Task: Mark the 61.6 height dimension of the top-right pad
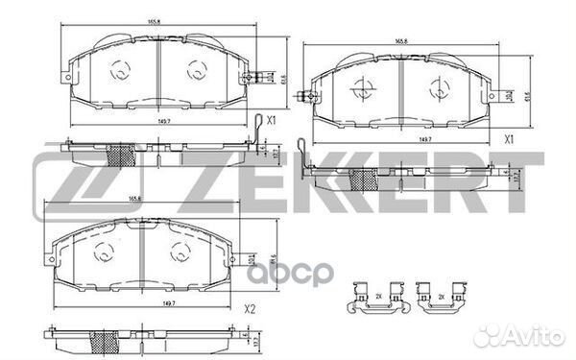[526, 88]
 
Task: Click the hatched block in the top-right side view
[364, 178]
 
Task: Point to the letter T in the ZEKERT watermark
[504, 182]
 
